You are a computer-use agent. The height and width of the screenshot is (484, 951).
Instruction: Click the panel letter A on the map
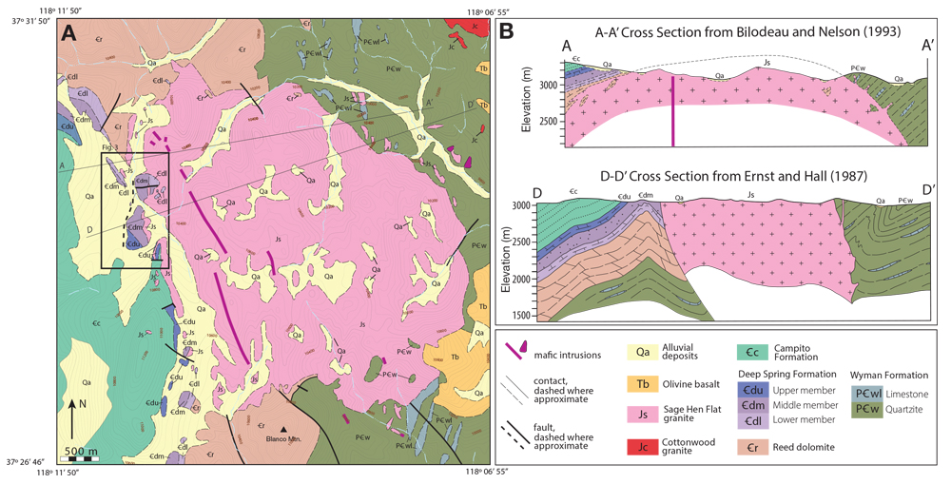(68, 34)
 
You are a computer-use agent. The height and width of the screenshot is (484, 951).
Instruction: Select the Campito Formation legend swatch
(751, 353)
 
